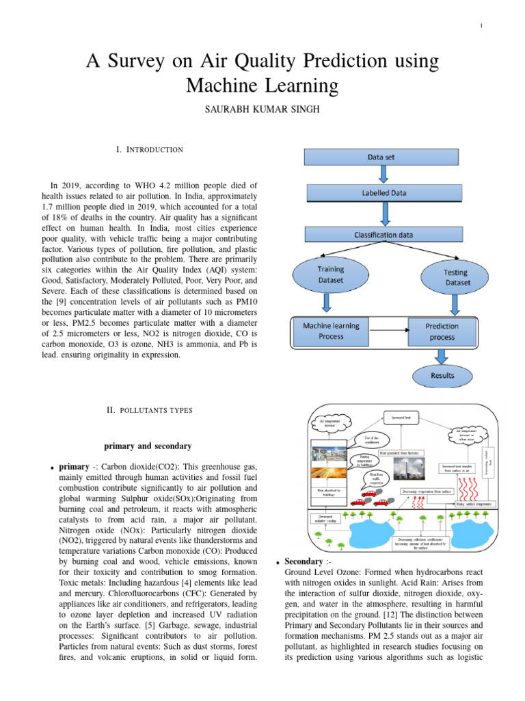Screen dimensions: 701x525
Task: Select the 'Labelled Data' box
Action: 383,193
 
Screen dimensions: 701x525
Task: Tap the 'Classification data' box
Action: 383,235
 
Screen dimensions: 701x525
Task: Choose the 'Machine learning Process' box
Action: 331,331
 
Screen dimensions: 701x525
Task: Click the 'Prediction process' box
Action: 441,331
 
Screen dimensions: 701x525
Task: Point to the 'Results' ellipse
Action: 442,375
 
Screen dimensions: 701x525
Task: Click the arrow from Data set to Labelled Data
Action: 383,175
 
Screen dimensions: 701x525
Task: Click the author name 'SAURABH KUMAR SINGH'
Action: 262,110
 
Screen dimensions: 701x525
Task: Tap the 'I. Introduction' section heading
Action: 151,149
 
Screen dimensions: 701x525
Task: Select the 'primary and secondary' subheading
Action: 148,446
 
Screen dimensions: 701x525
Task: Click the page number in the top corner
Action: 481,26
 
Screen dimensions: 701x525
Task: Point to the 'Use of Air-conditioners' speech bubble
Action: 371,440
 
